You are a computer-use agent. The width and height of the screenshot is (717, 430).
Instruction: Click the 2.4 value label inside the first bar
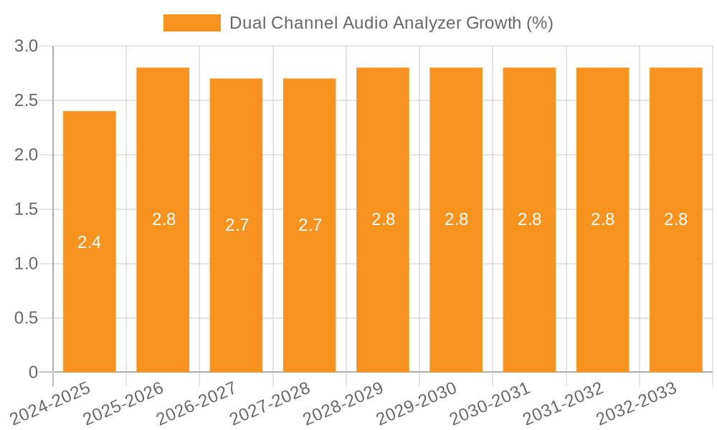pyautogui.click(x=90, y=242)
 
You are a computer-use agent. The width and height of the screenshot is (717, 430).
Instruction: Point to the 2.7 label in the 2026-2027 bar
pyautogui.click(x=237, y=225)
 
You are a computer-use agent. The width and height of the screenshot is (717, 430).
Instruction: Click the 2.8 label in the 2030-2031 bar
pyautogui.click(x=529, y=219)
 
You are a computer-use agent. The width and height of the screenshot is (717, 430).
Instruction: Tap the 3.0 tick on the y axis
pyautogui.click(x=27, y=47)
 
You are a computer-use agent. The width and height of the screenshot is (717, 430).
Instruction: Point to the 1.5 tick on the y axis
pyautogui.click(x=27, y=209)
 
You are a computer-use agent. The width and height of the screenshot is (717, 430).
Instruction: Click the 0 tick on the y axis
pyautogui.click(x=33, y=373)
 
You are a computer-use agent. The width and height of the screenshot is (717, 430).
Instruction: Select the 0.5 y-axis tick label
pyautogui.click(x=27, y=318)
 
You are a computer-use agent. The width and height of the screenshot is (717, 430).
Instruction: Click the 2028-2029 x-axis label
pyautogui.click(x=343, y=403)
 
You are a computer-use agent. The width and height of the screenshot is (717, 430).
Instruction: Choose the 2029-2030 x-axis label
pyautogui.click(x=417, y=403)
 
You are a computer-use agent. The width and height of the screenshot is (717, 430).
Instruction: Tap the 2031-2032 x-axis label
pyautogui.click(x=563, y=403)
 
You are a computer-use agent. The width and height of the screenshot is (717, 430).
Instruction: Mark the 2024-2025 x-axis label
pyautogui.click(x=51, y=403)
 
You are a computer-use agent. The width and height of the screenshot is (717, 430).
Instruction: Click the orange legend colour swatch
pyautogui.click(x=191, y=23)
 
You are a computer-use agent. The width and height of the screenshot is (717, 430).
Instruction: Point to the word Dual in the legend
pyautogui.click(x=245, y=23)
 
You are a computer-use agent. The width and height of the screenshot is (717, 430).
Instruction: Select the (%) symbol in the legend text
pyautogui.click(x=539, y=23)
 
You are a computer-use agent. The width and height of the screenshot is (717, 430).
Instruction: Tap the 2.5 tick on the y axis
pyautogui.click(x=27, y=101)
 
